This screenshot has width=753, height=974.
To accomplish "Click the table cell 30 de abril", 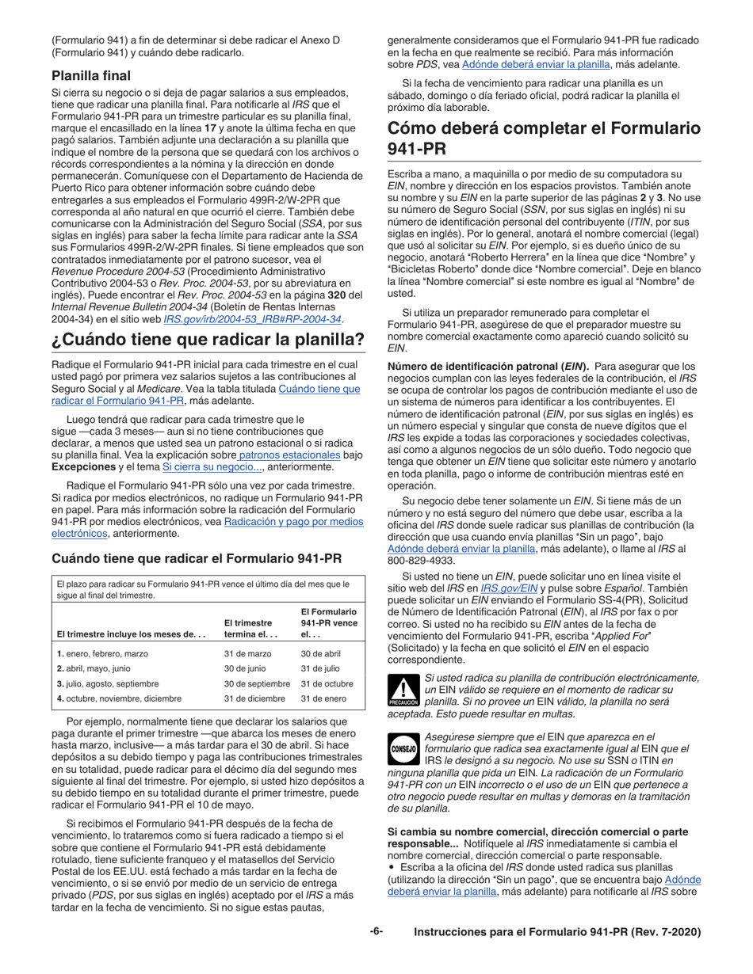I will tap(319, 653).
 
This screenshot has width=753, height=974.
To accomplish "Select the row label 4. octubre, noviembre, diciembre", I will tap(120, 698).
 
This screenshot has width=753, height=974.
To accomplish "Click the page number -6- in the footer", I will tap(376, 932).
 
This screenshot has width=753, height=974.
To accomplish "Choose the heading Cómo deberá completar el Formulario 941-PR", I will tap(543, 138).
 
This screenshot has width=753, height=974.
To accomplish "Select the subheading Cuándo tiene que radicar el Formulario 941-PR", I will tap(197, 558).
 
